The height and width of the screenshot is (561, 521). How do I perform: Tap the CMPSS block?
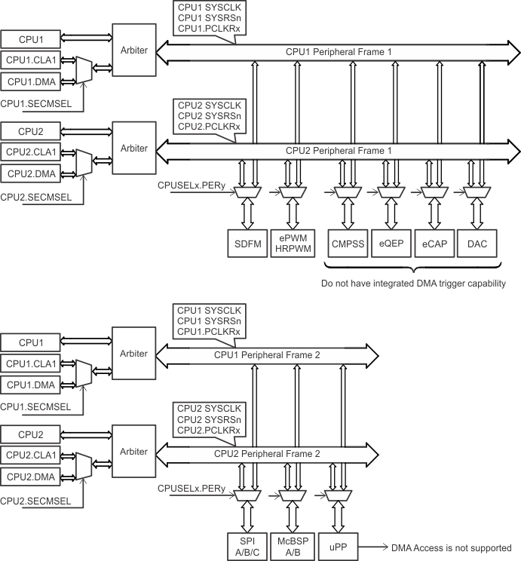point(347,244)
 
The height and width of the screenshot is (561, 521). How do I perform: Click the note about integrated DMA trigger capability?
point(412,284)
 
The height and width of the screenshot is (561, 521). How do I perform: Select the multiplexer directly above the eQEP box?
point(391,194)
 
